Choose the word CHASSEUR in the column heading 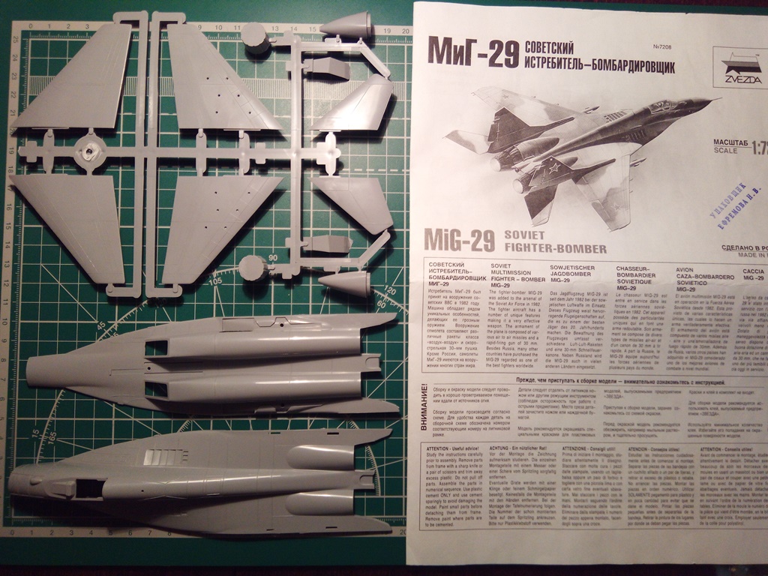636,268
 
